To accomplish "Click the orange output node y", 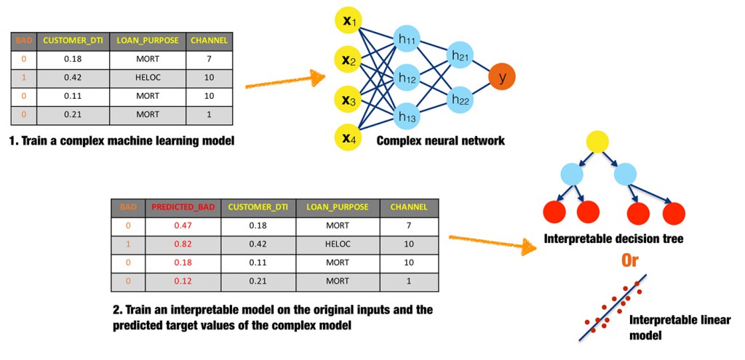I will point(502,76).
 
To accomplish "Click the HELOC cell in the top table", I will point(147,76).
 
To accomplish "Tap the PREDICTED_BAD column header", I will point(183,207).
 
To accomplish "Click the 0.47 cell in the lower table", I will point(183,226).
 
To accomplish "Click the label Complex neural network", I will point(440,140).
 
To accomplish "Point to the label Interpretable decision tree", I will point(614,239).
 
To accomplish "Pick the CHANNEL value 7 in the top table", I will point(209,57).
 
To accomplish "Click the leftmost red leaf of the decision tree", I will point(556,212).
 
